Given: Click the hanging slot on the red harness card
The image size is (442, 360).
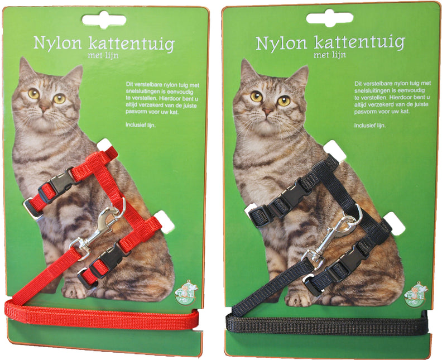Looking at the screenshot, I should click(x=104, y=19).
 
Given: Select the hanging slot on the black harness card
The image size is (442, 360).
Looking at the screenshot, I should click(x=329, y=17).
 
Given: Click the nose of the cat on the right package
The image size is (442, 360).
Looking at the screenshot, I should click(x=268, y=111).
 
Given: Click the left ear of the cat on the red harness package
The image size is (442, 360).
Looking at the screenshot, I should click(x=26, y=69).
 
